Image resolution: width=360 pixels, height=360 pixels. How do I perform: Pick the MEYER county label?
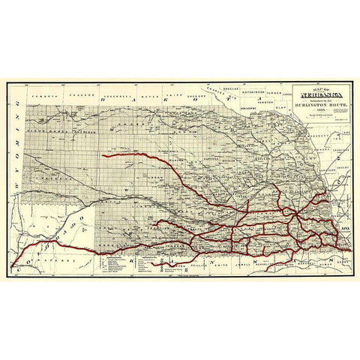point(151,96)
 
